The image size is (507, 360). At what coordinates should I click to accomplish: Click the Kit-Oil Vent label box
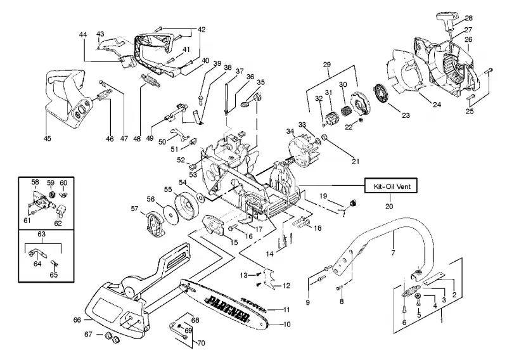coord(390,186)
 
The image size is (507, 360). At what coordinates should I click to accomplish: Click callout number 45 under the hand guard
coord(47,138)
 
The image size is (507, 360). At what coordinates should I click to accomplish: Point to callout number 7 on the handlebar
coord(393,253)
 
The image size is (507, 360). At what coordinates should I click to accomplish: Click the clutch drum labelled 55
coord(185,206)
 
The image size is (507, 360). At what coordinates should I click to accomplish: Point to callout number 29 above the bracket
coord(326,65)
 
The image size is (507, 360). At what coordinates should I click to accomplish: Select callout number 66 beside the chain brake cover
coord(77,319)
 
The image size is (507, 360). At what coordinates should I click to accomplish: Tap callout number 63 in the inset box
coord(41,234)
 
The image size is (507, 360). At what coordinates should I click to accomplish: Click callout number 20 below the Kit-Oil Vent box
coord(389,206)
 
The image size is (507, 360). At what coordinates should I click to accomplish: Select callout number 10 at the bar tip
coord(286,324)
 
